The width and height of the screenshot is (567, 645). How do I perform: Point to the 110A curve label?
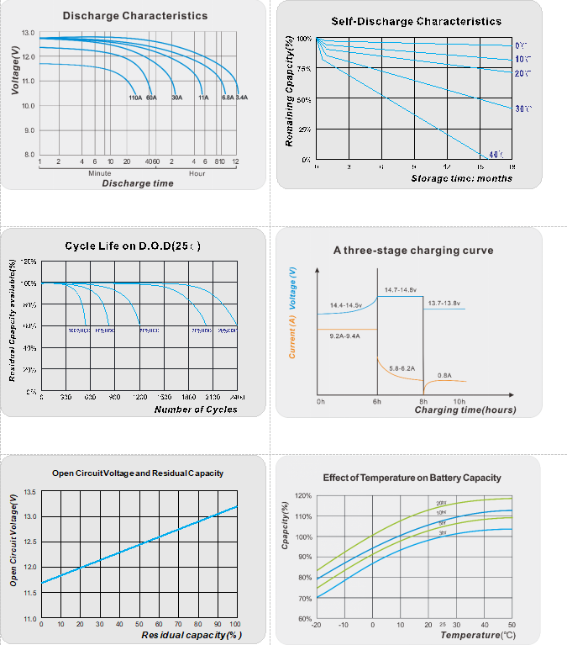(x=135, y=98)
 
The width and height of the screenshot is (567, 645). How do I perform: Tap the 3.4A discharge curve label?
(x=241, y=98)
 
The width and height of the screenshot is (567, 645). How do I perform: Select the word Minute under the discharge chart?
(x=99, y=172)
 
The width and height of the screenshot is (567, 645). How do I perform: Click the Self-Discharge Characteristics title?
(x=417, y=21)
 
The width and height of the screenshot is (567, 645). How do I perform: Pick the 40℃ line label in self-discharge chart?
(x=496, y=154)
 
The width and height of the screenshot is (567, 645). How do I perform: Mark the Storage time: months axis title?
(x=461, y=178)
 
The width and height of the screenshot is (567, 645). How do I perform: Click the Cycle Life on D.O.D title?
(x=132, y=246)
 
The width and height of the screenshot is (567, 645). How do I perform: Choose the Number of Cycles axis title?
(x=196, y=410)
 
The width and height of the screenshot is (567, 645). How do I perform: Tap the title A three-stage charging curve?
(x=413, y=250)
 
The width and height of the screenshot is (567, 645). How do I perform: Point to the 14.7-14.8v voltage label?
(x=402, y=290)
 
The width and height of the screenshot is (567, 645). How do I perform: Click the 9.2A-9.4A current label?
(x=344, y=336)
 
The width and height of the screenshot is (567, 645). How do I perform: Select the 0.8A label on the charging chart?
(x=444, y=375)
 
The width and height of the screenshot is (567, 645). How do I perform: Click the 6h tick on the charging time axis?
(x=377, y=402)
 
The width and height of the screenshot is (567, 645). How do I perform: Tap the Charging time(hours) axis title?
(x=465, y=410)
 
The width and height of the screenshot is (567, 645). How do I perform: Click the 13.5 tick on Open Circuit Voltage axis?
(x=29, y=491)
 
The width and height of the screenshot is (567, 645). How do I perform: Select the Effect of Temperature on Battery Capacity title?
(x=412, y=478)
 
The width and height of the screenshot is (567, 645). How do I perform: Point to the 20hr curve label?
(x=442, y=503)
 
